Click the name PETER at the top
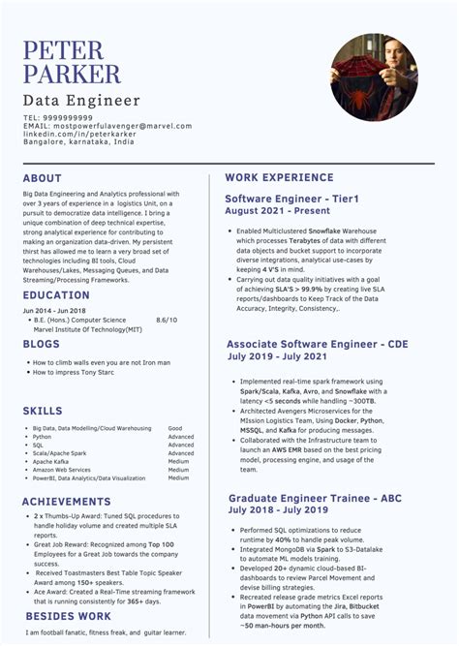65,48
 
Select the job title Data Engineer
81,101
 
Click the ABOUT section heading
43,178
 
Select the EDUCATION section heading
56,295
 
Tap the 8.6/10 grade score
167,319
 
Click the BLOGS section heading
42,344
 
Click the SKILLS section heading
43,412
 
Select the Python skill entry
42,436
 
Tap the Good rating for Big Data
174,427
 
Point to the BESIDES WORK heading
68,616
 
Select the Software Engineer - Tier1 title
291,199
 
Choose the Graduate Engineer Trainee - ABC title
316,497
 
